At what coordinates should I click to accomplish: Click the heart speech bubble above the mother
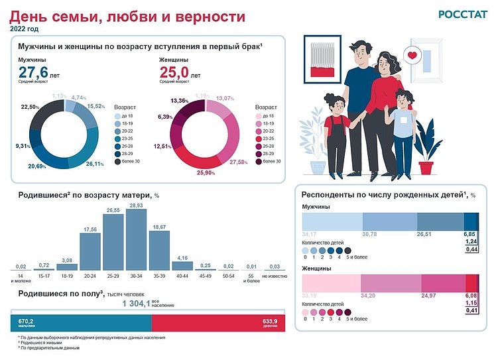(x=412, y=56)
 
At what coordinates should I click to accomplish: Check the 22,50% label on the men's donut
(x=31, y=106)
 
